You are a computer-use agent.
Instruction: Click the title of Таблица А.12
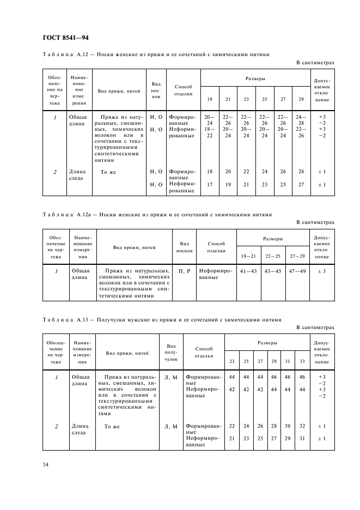coord(155,55)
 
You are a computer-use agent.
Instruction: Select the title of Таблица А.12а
coord(156,214)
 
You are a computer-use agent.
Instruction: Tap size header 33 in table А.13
coord(302,361)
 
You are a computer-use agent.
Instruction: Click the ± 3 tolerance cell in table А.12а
coord(322,271)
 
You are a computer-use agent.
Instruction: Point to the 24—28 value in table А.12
coord(301,120)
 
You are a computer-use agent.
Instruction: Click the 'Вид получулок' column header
coord(171,353)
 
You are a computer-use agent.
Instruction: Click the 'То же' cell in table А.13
coord(112,426)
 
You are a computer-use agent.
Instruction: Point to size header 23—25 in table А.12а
coord(271,255)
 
